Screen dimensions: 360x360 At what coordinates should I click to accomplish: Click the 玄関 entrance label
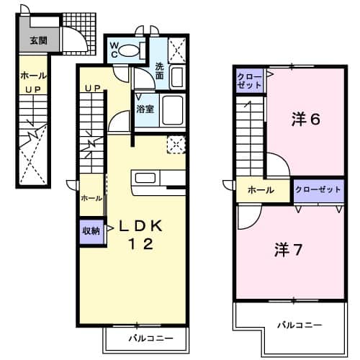[x=38, y=41]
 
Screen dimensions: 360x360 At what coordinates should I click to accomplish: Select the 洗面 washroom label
[x=160, y=71]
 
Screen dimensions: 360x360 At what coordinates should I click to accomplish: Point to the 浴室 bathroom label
[x=145, y=109]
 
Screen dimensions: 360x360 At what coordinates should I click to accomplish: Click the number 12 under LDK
[x=140, y=244]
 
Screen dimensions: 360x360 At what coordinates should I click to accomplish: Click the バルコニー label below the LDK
[x=150, y=337]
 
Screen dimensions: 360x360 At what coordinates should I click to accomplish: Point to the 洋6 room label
[x=305, y=120]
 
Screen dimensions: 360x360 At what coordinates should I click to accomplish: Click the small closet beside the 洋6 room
[x=251, y=81]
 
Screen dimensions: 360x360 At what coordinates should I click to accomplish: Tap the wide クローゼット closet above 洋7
[x=318, y=189]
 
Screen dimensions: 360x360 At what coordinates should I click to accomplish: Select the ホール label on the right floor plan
[x=260, y=190]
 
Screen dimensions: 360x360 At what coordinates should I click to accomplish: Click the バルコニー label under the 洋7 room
[x=301, y=325]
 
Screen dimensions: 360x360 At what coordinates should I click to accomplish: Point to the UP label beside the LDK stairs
[x=91, y=88]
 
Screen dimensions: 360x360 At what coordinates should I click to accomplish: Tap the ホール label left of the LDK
[x=91, y=198]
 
